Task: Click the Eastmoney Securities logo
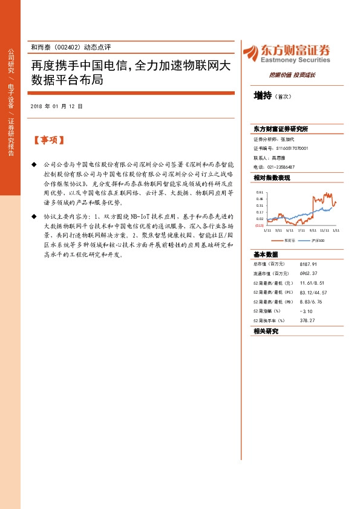tap(286, 53)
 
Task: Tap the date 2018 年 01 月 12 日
tap(56, 106)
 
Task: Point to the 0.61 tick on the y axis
tap(260, 192)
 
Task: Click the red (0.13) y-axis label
tap(259, 225)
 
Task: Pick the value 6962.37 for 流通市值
tap(309, 274)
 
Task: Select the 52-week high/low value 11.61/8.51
tap(312, 283)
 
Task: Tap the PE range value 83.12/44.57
tap(313, 293)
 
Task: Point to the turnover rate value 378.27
tap(307, 320)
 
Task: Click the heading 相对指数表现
tap(272, 178)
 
